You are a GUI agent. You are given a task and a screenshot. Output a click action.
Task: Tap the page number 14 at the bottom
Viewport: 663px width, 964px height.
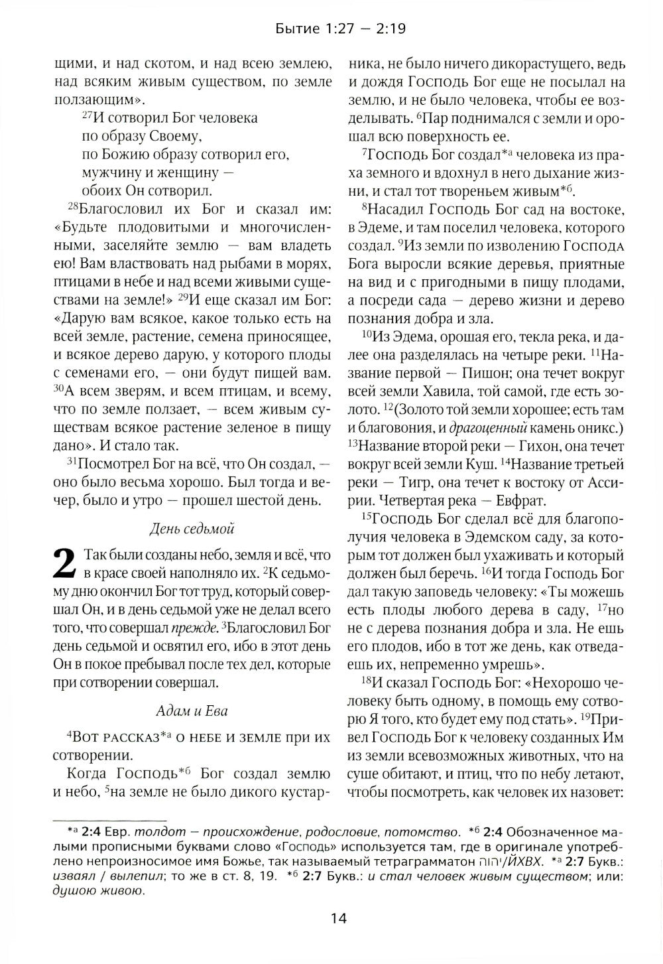(x=337, y=918)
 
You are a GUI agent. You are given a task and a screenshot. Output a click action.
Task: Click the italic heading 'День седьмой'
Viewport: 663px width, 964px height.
(x=192, y=528)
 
